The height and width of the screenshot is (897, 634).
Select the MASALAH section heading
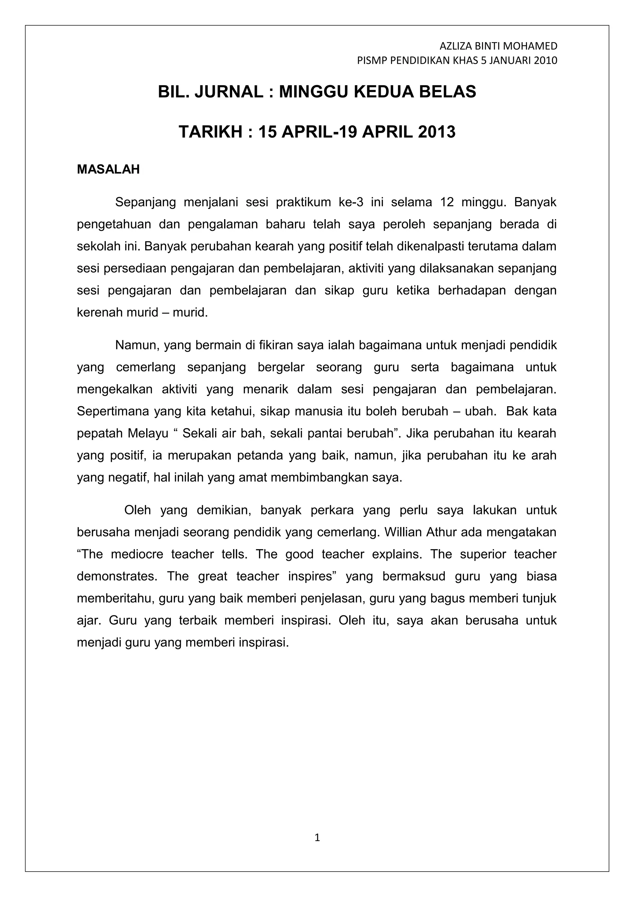coord(108,170)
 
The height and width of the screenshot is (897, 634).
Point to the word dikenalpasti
coord(427,246)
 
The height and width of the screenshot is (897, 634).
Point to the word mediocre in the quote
coord(137,554)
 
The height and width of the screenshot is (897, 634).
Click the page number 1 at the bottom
coord(317,837)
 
